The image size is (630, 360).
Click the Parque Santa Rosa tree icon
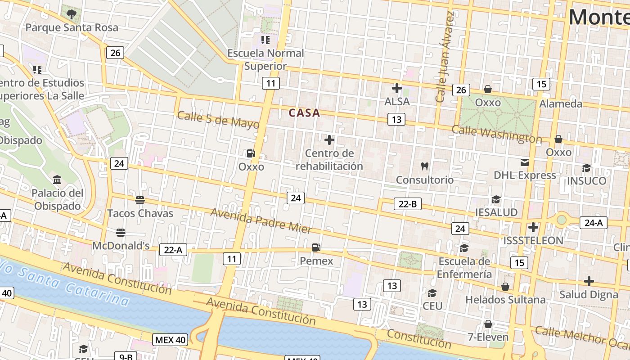[71, 14]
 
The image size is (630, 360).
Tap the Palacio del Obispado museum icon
[57, 180]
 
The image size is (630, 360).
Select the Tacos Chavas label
[140, 213]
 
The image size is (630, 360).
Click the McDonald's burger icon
[120, 233]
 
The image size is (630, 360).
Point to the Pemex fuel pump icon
[316, 247]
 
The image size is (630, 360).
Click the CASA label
[304, 113]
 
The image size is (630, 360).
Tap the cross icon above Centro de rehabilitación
[329, 140]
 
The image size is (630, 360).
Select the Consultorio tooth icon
[424, 166]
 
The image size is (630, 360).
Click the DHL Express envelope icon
[525, 162]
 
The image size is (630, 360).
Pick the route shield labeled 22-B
[408, 204]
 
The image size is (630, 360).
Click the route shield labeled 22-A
[173, 250]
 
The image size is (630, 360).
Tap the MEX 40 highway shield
[170, 340]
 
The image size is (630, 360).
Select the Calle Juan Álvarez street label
[444, 56]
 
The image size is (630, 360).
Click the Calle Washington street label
[496, 134]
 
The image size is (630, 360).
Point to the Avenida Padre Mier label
[261, 220]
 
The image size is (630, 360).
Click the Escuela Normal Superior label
[265, 59]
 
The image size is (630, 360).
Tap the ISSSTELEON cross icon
[533, 227]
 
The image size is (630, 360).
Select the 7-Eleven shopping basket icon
[488, 324]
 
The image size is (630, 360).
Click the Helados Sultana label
[505, 300]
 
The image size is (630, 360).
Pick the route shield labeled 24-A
[594, 222]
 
